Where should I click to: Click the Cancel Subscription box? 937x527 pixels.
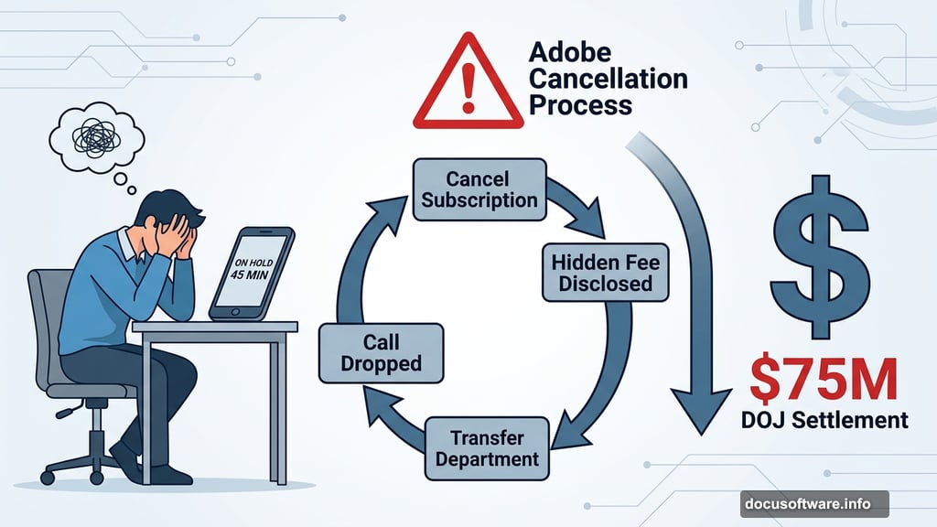tap(479, 188)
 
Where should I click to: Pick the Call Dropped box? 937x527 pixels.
tap(380, 352)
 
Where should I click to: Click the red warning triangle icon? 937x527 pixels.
tap(468, 83)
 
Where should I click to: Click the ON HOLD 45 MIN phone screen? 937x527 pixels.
tap(248, 272)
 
